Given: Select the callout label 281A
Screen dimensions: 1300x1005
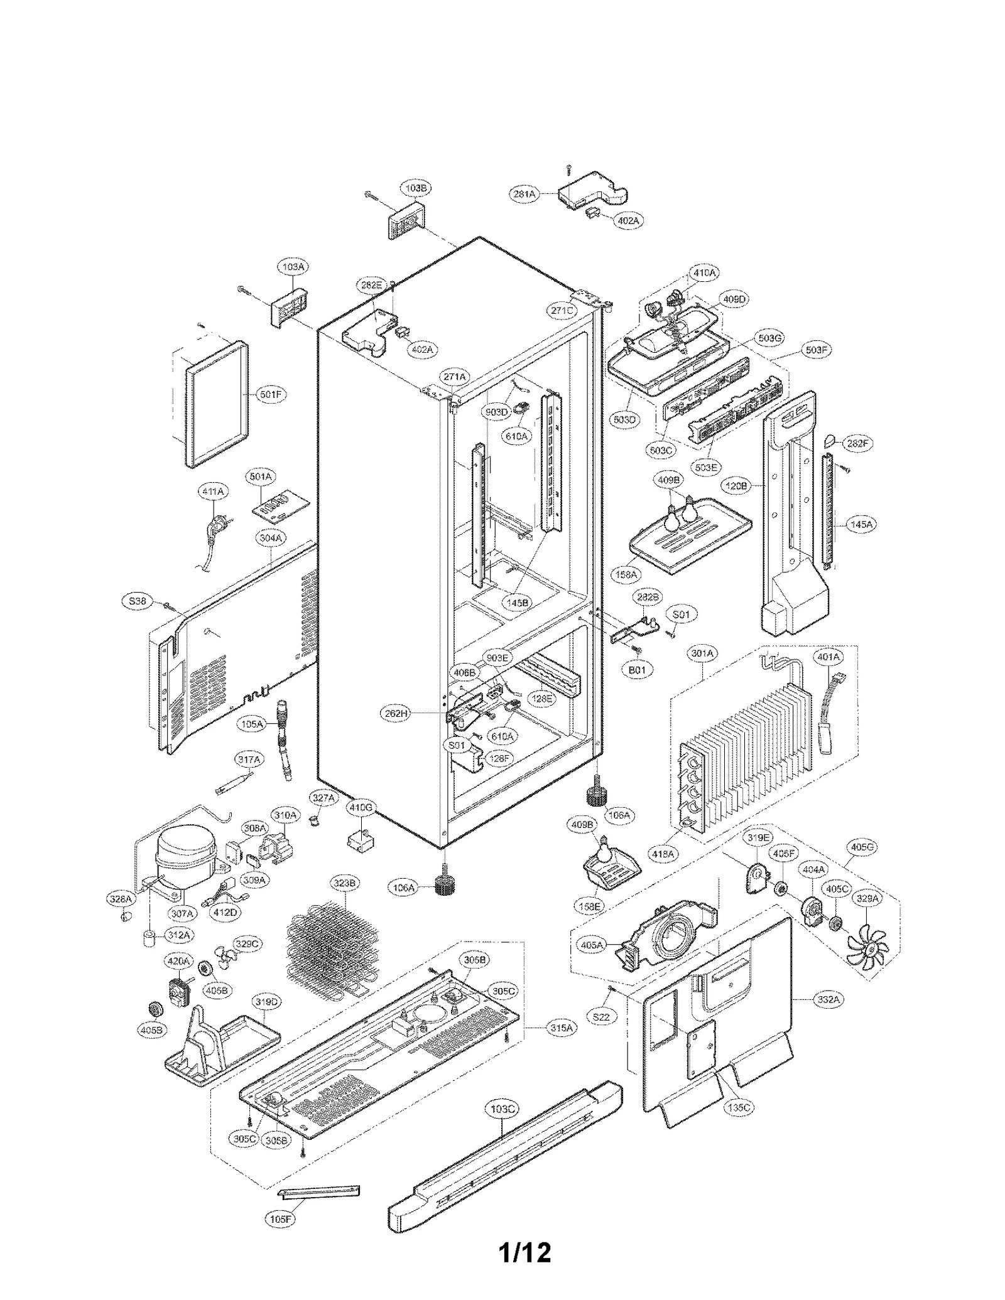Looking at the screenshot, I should pyautogui.click(x=523, y=195).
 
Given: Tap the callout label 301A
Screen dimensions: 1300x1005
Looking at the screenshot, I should pyautogui.click(x=702, y=653).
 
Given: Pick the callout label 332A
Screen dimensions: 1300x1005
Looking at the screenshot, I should pyautogui.click(x=828, y=999).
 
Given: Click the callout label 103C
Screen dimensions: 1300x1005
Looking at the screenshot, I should pyautogui.click(x=502, y=1109).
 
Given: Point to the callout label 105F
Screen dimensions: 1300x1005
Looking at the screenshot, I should pyautogui.click(x=280, y=1218).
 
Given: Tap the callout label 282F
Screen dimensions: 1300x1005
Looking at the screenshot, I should pyautogui.click(x=857, y=443).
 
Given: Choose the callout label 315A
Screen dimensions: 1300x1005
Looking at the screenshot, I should pyautogui.click(x=562, y=1028).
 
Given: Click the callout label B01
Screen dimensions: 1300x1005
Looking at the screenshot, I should pyautogui.click(x=637, y=669).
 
